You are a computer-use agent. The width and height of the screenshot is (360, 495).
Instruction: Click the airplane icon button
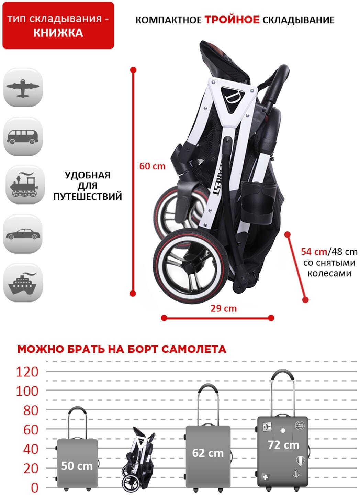[23, 87]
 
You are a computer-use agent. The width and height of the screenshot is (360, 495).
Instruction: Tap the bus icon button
[23, 136]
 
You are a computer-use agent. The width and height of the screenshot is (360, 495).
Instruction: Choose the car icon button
[23, 234]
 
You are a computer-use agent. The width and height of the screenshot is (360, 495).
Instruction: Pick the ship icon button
[23, 283]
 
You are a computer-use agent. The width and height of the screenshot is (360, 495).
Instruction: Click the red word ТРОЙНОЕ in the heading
[232, 20]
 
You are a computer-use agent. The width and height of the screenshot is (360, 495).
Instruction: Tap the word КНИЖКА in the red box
[58, 33]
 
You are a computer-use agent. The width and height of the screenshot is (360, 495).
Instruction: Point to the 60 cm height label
[152, 166]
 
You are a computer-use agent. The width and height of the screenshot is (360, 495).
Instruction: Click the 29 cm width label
[224, 308]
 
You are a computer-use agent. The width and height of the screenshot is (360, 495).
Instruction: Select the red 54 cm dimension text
[314, 252]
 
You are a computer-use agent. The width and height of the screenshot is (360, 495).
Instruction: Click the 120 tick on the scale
[27, 372]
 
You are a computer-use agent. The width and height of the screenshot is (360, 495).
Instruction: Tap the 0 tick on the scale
[34, 487]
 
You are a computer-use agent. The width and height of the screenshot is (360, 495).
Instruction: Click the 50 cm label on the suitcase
[77, 466]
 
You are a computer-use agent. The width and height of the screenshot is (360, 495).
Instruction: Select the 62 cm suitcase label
[208, 453]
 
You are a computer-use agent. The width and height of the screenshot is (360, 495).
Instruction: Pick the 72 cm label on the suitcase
[283, 445]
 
